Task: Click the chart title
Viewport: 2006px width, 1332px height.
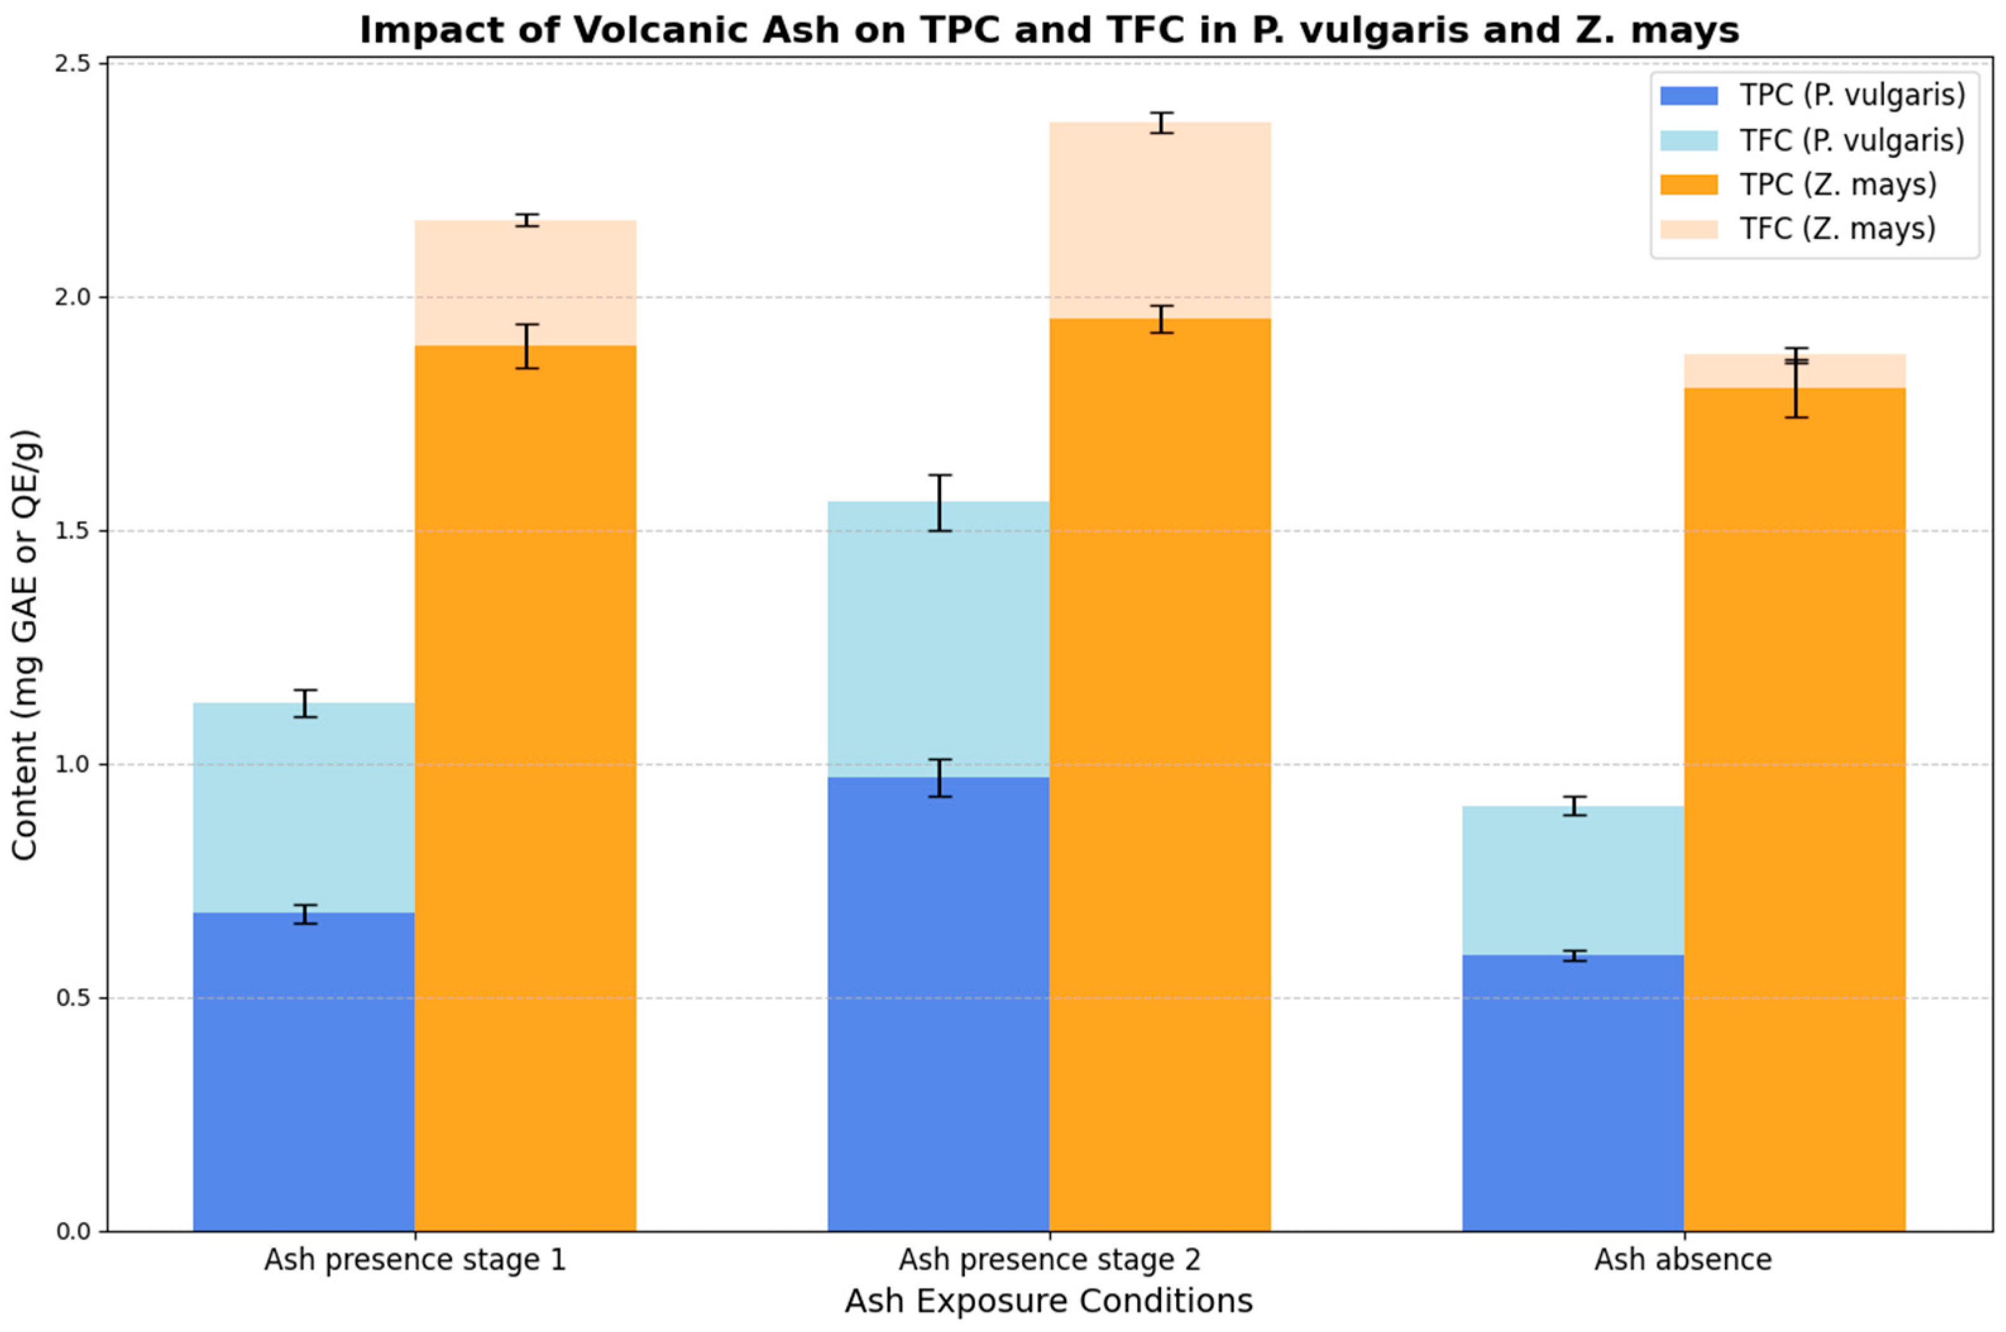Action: point(1049,30)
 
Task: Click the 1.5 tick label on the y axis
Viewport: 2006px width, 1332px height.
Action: point(80,531)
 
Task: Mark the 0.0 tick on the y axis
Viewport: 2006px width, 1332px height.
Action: point(80,1232)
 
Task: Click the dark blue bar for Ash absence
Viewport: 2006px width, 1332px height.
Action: point(1572,1096)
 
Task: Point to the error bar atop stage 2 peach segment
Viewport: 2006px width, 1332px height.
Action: point(1160,123)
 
